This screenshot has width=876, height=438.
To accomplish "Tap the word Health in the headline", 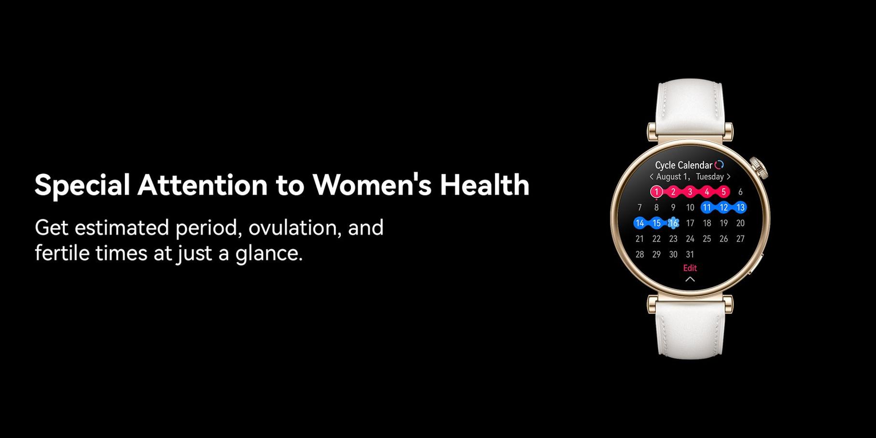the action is pyautogui.click(x=485, y=184).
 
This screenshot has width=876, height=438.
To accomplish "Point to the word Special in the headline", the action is pyautogui.click(x=82, y=185).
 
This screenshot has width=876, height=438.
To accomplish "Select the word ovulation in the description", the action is pyautogui.click(x=294, y=227).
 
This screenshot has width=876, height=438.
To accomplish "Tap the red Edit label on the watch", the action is pyautogui.click(x=690, y=268).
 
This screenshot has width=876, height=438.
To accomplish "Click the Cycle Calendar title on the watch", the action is pyautogui.click(x=683, y=165).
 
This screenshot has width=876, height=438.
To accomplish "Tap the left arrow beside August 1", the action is pyautogui.click(x=651, y=177).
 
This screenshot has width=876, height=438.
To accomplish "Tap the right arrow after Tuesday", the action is pyautogui.click(x=728, y=177).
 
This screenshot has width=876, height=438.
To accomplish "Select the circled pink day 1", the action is pyautogui.click(x=656, y=192).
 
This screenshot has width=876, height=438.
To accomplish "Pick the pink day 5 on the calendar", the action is pyautogui.click(x=723, y=192).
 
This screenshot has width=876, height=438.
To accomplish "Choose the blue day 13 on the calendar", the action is pyautogui.click(x=740, y=208).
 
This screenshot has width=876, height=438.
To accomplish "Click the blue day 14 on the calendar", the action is pyautogui.click(x=640, y=223).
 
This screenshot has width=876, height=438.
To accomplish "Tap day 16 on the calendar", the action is pyautogui.click(x=673, y=223).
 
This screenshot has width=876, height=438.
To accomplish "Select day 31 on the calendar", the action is pyautogui.click(x=690, y=254).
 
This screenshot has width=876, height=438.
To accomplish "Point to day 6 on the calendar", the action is pyautogui.click(x=740, y=192).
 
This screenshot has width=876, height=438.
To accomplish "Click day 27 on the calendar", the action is pyautogui.click(x=740, y=239).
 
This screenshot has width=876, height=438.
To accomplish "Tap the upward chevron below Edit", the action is pyautogui.click(x=690, y=279).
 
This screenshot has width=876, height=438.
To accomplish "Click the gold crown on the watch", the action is pyautogui.click(x=760, y=168).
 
